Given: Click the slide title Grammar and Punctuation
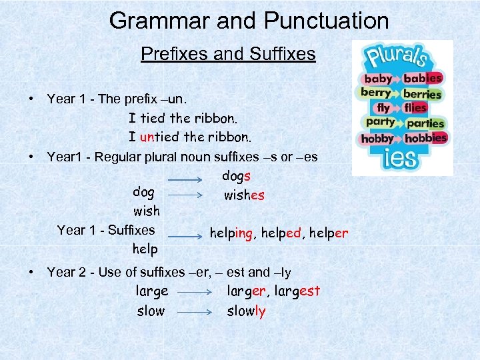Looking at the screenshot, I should click(x=249, y=21).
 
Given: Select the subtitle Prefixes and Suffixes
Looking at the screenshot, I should click(x=228, y=54).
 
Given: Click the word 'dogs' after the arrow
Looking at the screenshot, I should click(x=237, y=176).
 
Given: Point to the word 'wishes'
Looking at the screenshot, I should click(x=244, y=195).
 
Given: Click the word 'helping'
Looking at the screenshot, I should click(x=231, y=233).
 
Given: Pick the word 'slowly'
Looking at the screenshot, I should click(x=246, y=311).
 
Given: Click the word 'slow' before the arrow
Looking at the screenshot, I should click(x=150, y=311).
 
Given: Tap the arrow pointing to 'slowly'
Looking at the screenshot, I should click(x=194, y=311).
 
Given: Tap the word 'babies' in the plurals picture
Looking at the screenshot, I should click(x=423, y=78).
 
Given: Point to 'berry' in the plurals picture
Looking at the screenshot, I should click(x=375, y=93).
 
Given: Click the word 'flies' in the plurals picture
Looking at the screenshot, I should click(x=415, y=107).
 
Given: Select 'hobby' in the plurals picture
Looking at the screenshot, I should click(x=377, y=139).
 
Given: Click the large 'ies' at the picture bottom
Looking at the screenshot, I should click(x=401, y=159).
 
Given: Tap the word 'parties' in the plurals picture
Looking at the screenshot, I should click(x=425, y=123).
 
